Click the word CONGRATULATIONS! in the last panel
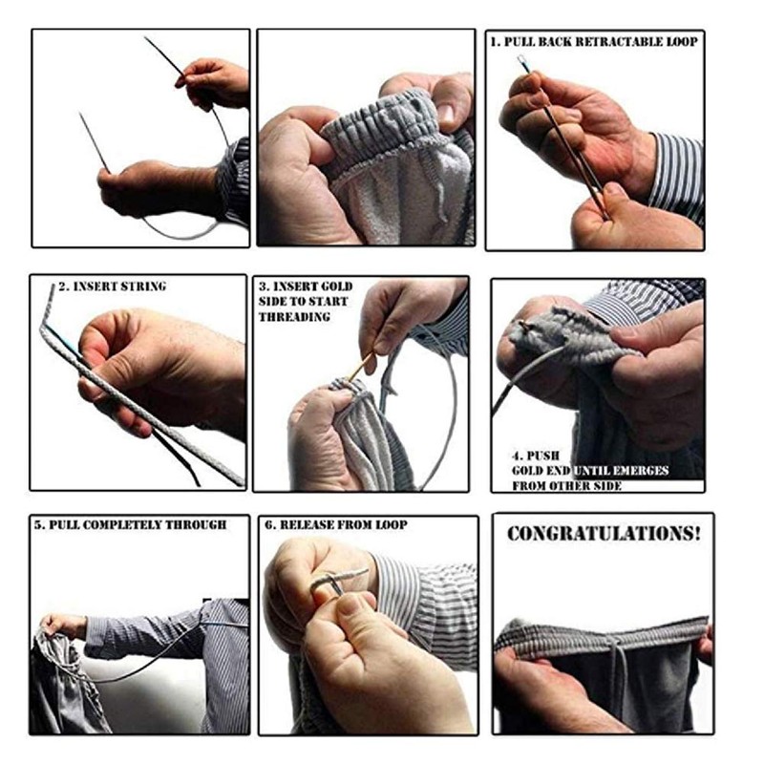point(604,534)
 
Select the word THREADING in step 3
point(294,317)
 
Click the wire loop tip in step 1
point(521,60)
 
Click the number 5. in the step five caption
point(39,524)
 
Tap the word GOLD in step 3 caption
point(336,286)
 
